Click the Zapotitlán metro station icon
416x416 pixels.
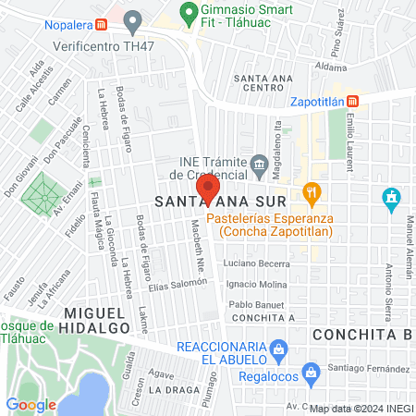pyautogui.click(x=367, y=103)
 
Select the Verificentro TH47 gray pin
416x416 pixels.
pyautogui.click(x=133, y=20)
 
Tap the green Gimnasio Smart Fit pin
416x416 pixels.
pyautogui.click(x=189, y=15)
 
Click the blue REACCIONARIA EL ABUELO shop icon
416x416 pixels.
pyautogui.click(x=282, y=349)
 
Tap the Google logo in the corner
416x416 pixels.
pyautogui.click(x=31, y=404)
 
